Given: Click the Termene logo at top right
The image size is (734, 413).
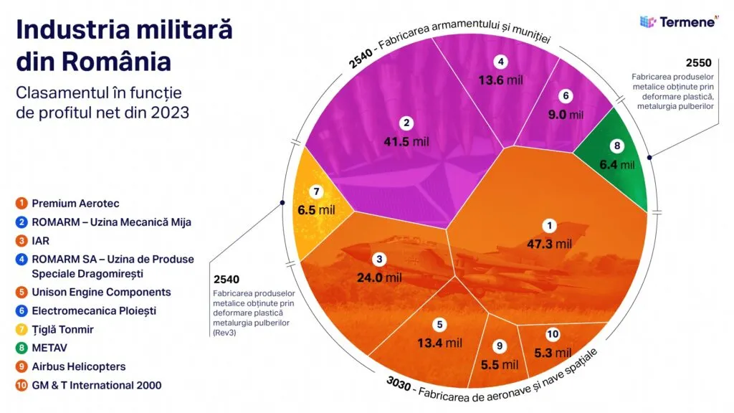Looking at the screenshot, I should coord(677,22).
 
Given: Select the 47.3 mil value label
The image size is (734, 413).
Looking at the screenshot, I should coord(549,245).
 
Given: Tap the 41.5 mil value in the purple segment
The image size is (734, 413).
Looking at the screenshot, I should coord(406,141).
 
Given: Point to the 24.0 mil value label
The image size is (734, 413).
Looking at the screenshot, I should coord(379,277).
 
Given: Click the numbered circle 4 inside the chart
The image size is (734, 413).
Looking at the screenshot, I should coord(501,62).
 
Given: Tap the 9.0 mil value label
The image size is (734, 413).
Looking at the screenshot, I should coord(566,114).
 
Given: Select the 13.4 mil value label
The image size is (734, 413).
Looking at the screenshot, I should coord(439,343).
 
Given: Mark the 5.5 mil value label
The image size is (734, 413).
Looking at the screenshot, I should coord(500,365).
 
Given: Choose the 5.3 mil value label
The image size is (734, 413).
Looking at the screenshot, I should coord(553,352).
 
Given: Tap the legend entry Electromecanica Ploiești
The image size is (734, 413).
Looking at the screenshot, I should coord(93,310).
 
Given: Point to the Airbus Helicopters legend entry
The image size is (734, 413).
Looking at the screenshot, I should coord(78,366).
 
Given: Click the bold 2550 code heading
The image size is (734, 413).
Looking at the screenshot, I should coord(699,62).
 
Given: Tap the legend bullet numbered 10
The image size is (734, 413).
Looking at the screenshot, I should coord(22,386).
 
